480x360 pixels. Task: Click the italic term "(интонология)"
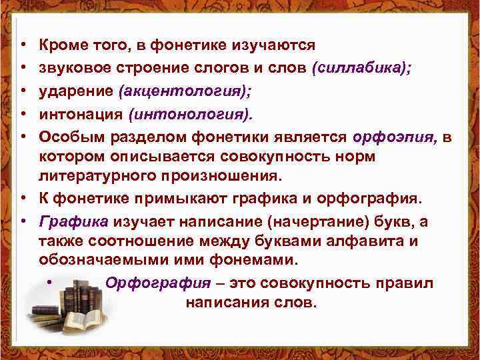pyautogui.click(x=193, y=115)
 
